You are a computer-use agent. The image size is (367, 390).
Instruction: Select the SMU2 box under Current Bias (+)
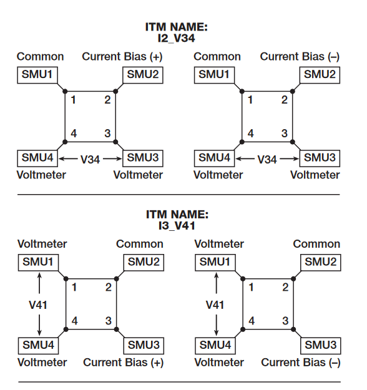point(144,75)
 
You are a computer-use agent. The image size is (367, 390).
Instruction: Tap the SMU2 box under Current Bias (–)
point(321,75)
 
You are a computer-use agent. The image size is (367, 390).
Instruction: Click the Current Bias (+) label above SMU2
point(122,57)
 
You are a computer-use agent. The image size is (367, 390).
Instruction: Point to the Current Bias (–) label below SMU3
point(300,362)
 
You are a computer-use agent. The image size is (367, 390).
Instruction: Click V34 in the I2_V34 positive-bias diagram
point(91,159)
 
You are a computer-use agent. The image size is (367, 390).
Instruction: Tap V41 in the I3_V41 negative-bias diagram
point(215,305)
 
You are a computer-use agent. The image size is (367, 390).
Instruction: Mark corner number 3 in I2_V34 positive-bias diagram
point(107,133)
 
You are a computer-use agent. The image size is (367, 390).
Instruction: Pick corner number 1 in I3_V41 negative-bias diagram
point(252,288)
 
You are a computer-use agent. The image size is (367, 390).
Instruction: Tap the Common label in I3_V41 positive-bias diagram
point(140,244)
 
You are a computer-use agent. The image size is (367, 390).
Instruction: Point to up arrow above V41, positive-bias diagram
point(39,282)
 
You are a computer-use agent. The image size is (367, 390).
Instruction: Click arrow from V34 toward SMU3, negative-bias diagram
point(288,159)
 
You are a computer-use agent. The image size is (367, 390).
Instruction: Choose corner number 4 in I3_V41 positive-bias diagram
point(74,321)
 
